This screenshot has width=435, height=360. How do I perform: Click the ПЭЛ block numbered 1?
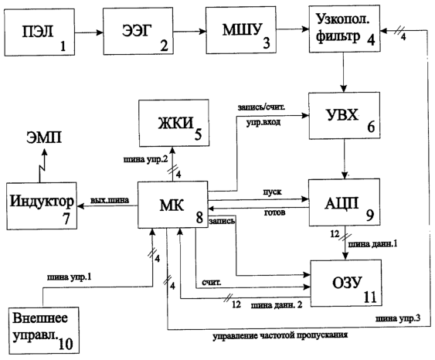pyautogui.click(x=39, y=32)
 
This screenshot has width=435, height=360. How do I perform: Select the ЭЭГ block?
pyautogui.click(x=138, y=31)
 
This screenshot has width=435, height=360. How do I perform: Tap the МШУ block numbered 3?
pyautogui.click(x=241, y=30)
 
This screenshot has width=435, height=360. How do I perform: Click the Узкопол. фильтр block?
pyautogui.click(x=345, y=29)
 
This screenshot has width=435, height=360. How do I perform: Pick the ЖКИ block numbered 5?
pyautogui.click(x=174, y=123)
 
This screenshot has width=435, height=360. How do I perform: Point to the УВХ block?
pyautogui.click(x=345, y=115)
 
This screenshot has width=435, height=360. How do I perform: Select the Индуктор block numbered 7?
pyautogui.click(x=42, y=205)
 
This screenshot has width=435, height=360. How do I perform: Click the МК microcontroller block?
pyautogui.click(x=173, y=205)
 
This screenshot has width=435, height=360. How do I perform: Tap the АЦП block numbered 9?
pyautogui.click(x=345, y=202)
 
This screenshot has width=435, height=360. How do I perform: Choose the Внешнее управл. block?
pyautogui.click(x=44, y=331)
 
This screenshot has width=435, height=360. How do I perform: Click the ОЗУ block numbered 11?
pyautogui.click(x=346, y=284)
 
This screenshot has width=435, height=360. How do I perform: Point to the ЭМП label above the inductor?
pyautogui.click(x=44, y=138)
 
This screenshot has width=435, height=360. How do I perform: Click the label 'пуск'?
pyautogui.click(x=273, y=192)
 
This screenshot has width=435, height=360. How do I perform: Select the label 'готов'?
pyautogui.click(x=274, y=212)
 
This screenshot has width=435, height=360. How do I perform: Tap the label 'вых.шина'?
pyautogui.click(x=110, y=200)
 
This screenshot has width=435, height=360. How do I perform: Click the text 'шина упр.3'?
pyautogui.click(x=398, y=319)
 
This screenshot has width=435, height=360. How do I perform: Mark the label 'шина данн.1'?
pyautogui.click(x=372, y=244)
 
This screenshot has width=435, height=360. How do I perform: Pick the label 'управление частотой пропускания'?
pyautogui.click(x=280, y=335)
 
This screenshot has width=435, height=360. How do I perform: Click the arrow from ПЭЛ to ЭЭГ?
pyautogui.click(x=89, y=32)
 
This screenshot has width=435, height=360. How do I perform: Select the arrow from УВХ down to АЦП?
pyautogui.click(x=345, y=159)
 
